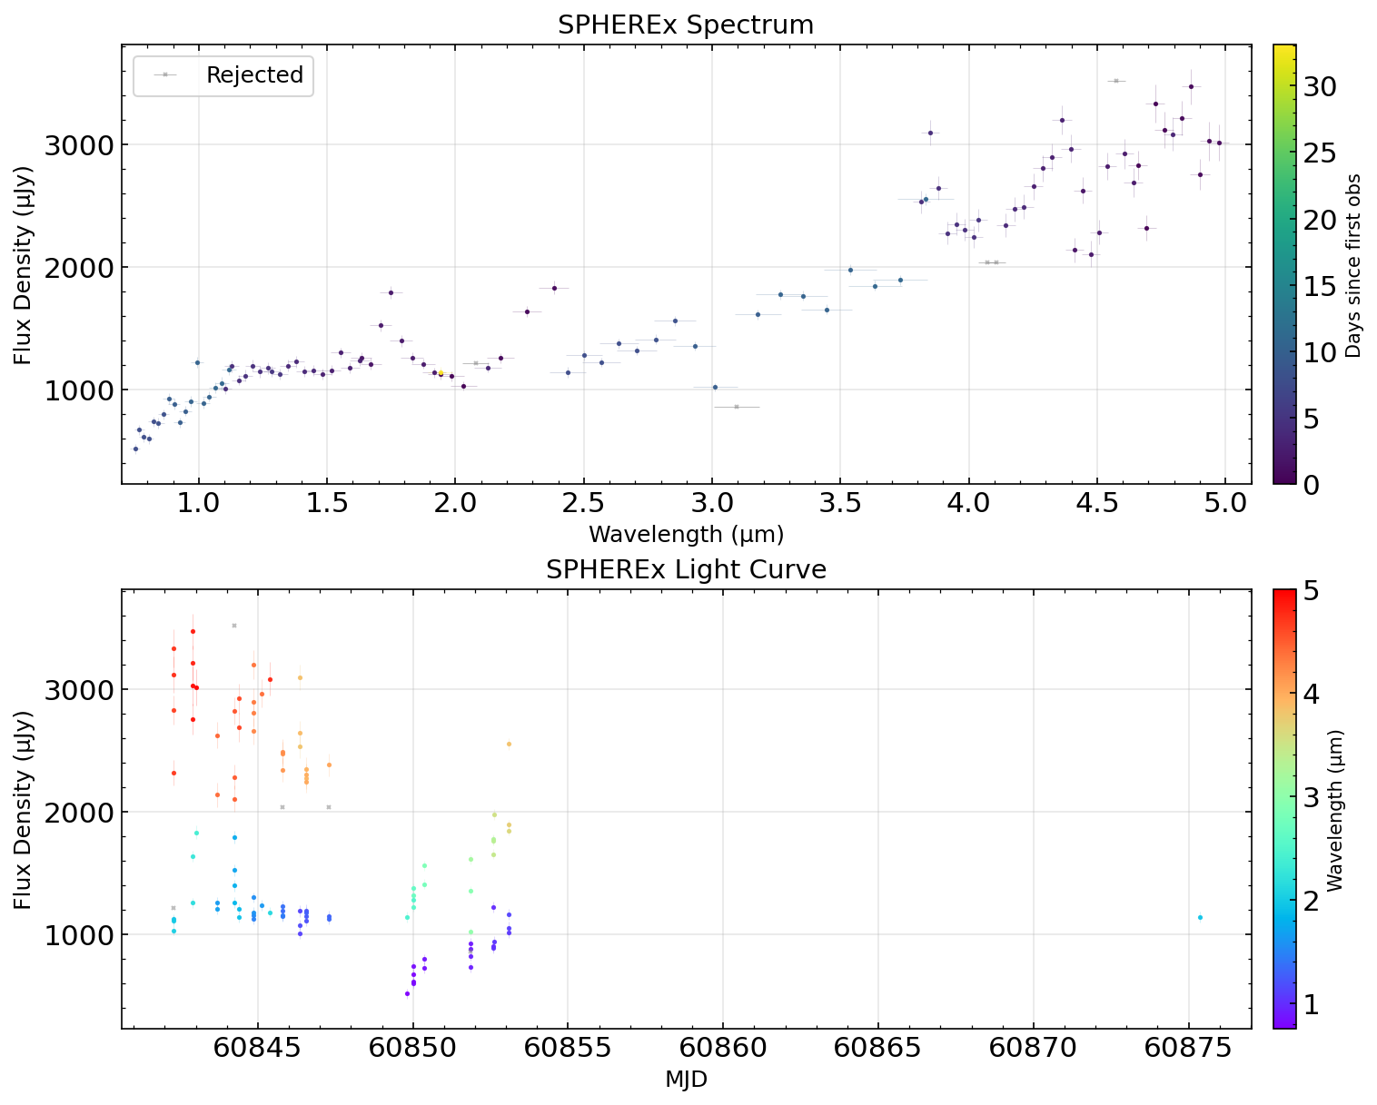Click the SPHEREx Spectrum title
[x=686, y=25]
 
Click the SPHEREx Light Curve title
[x=686, y=570]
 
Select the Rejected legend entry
[x=254, y=75]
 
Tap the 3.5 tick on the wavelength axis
[x=840, y=504]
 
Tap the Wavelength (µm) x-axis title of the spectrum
[x=686, y=534]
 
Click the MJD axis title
[x=686, y=1080]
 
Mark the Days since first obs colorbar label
[x=1353, y=265]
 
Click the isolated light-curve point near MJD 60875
[x=1200, y=917]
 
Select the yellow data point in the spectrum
[x=441, y=372]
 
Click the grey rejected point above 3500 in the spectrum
[x=1116, y=81]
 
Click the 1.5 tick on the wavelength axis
[x=326, y=504]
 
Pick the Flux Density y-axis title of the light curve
[x=24, y=808]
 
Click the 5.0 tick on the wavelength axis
[x=1225, y=504]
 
